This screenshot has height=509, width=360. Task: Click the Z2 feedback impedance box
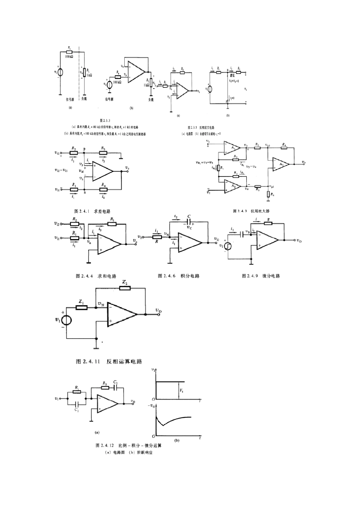[125, 288]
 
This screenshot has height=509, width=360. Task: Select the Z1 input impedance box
[81, 307]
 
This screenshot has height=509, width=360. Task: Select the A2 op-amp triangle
[233, 186]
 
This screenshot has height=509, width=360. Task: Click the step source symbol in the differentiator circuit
[228, 245]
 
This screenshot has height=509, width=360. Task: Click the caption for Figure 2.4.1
[92, 211]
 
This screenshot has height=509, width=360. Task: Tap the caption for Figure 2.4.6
[178, 276]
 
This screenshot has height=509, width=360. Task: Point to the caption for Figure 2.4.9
[261, 276]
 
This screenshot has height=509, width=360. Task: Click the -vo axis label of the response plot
[152, 406]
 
